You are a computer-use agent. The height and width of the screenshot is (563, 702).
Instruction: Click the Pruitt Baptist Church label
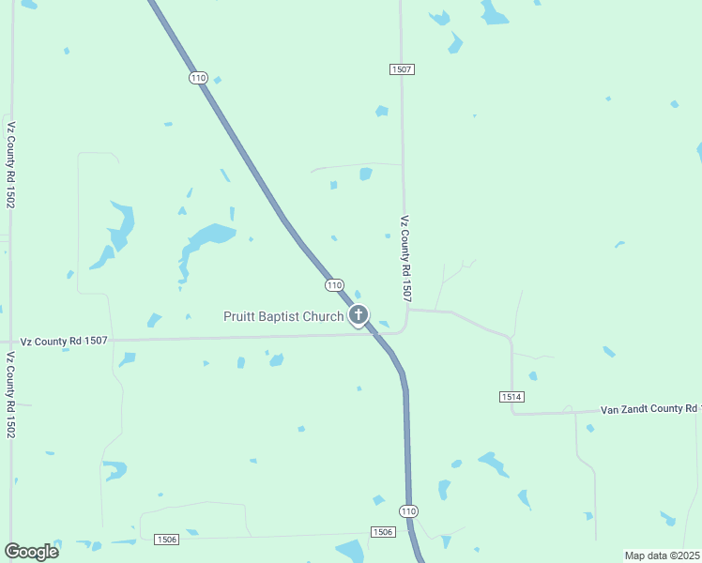point(283,316)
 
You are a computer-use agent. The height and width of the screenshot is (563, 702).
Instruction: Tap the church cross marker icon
point(358,314)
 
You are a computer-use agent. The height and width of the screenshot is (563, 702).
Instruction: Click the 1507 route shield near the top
point(402,69)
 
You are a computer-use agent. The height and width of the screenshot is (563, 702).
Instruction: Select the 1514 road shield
point(511,397)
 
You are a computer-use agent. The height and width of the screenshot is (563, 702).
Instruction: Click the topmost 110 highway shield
point(197,78)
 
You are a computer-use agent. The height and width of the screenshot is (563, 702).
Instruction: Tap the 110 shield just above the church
point(334,284)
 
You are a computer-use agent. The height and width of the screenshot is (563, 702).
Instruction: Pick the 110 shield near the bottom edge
point(407,510)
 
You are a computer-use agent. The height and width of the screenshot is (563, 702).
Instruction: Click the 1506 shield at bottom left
point(166,539)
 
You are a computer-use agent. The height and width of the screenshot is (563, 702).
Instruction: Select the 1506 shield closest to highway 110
point(382,532)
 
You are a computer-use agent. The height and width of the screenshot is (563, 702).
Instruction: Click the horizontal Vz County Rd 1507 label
point(64,342)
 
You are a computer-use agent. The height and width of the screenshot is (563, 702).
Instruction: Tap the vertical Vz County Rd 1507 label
point(405,259)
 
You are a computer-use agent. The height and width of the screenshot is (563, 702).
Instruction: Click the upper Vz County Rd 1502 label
point(10,164)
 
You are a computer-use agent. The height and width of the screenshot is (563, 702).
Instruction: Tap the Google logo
point(31,551)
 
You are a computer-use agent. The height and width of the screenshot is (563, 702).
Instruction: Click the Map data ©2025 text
point(662,555)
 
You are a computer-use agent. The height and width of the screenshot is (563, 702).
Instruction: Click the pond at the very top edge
point(494,12)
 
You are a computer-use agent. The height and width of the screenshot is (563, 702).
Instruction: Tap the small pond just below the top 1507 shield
point(382,111)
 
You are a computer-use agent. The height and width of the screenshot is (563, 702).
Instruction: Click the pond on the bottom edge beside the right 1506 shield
point(351,551)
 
